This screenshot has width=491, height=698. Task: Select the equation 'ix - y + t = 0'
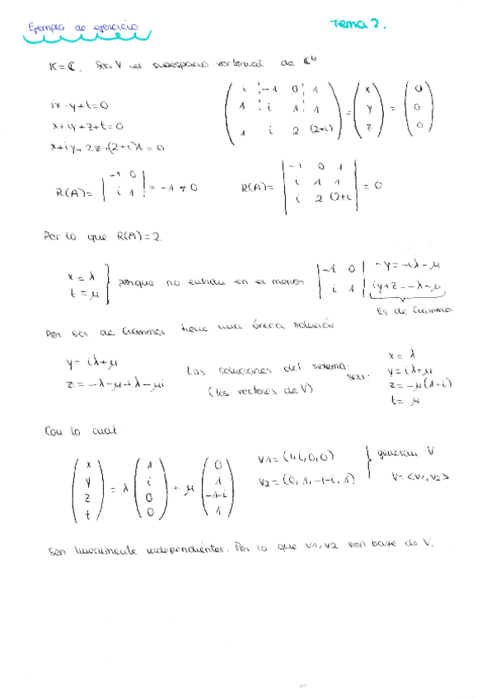click(x=79, y=106)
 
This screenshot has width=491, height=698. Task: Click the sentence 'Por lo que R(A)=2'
click(x=103, y=237)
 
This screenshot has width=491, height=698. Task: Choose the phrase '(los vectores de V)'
click(x=260, y=390)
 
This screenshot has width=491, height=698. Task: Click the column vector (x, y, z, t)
click(x=88, y=490)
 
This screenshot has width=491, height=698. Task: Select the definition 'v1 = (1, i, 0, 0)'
click(x=294, y=459)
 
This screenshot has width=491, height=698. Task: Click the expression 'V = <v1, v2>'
click(x=420, y=476)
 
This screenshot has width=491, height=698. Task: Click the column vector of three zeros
click(x=420, y=106)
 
